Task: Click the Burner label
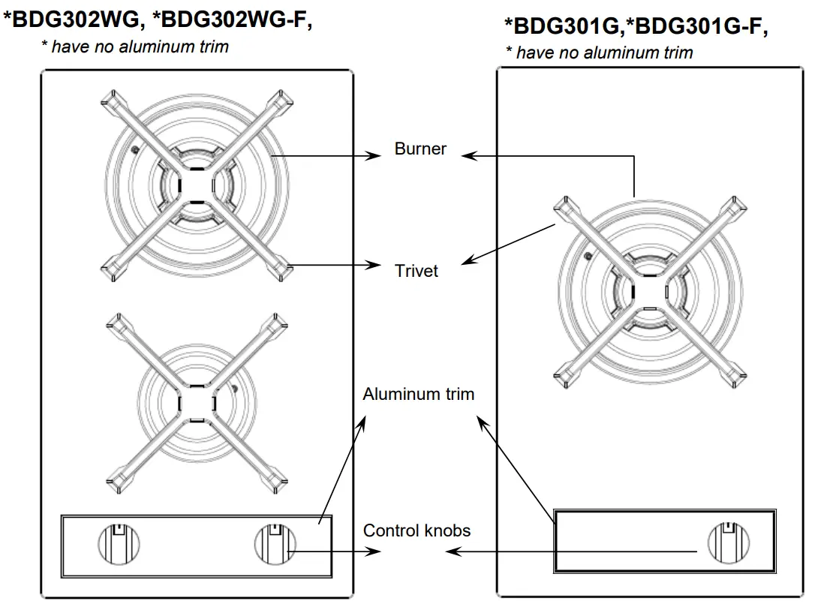pyautogui.click(x=420, y=149)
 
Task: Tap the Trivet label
pyautogui.click(x=417, y=270)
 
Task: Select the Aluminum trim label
pyautogui.click(x=418, y=394)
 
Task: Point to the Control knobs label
pyautogui.click(x=417, y=530)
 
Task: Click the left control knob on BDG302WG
pyautogui.click(x=120, y=542)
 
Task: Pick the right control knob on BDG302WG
pyautogui.click(x=275, y=542)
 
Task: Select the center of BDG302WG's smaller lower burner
pyautogui.click(x=197, y=404)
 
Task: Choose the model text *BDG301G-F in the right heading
pyautogui.click(x=698, y=27)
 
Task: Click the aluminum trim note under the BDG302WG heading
pyautogui.click(x=134, y=47)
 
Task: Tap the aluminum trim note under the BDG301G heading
pyautogui.click(x=599, y=53)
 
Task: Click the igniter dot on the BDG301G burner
pyautogui.click(x=587, y=257)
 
